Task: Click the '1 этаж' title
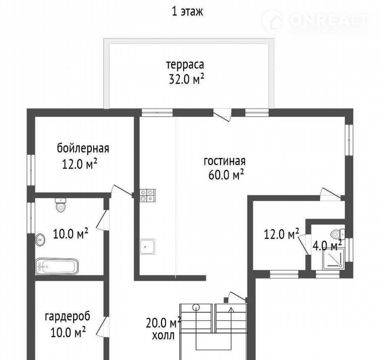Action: pyautogui.click(x=187, y=11)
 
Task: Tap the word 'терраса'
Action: pyautogui.click(x=185, y=65)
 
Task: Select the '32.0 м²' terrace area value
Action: pyautogui.click(x=186, y=79)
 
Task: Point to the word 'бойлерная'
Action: pyautogui.click(x=83, y=148)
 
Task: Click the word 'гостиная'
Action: pyautogui.click(x=224, y=161)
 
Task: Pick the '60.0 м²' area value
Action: pyautogui.click(x=226, y=175)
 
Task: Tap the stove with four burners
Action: pyautogui.click(x=147, y=196)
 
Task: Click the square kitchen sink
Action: pyautogui.click(x=147, y=246)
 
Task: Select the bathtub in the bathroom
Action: pyautogui.click(x=57, y=267)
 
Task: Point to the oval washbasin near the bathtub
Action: pyautogui.click(x=40, y=240)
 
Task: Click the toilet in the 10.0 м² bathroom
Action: pyautogui.click(x=60, y=205)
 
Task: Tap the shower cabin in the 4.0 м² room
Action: pyautogui.click(x=333, y=259)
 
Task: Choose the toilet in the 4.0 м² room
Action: pyautogui.click(x=338, y=234)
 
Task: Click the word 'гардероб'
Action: pyautogui.click(x=68, y=316)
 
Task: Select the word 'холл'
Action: pyautogui.click(x=163, y=336)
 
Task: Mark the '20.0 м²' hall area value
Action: pyautogui.click(x=163, y=322)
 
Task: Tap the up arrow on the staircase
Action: pyautogui.click(x=231, y=320)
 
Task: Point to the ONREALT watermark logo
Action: pyautogui.click(x=315, y=22)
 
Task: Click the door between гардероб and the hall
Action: pyautogui.click(x=102, y=326)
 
